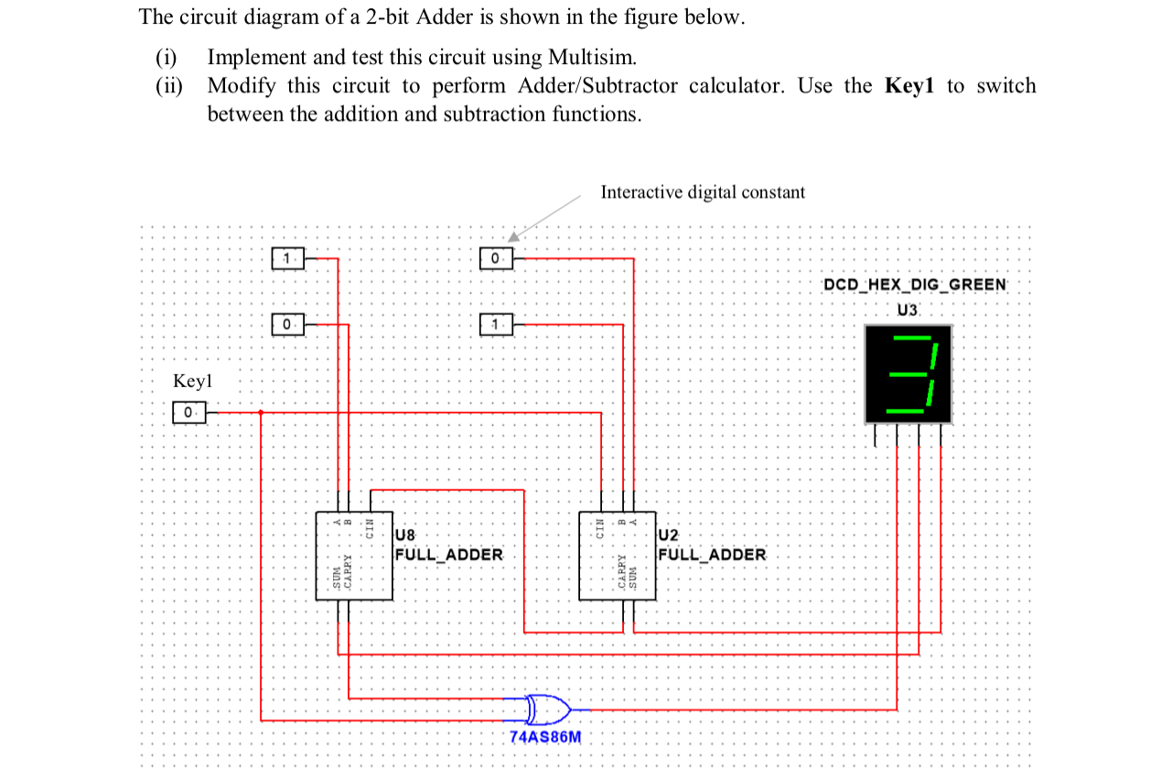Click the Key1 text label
(x=192, y=381)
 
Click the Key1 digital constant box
(x=189, y=413)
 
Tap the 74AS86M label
(x=544, y=738)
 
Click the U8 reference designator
(x=405, y=534)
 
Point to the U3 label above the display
(x=907, y=309)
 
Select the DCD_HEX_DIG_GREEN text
(x=914, y=284)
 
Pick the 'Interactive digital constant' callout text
(x=703, y=192)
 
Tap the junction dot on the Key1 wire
(x=262, y=413)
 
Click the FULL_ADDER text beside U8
(x=448, y=555)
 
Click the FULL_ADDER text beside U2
(x=712, y=555)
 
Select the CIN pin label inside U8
(x=371, y=528)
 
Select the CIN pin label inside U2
(x=601, y=528)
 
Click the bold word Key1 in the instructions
(x=910, y=86)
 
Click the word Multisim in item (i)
(x=590, y=57)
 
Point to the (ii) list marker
(x=167, y=86)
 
